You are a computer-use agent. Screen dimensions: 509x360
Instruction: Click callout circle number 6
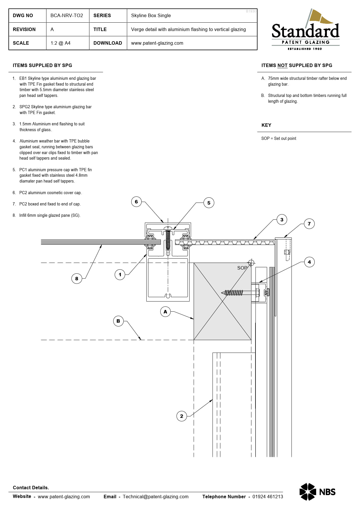(136, 202)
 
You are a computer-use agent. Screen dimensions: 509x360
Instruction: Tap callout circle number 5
(209, 203)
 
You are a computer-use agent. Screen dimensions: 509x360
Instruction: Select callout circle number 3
(282, 220)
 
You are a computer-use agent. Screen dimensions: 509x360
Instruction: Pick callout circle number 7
(309, 224)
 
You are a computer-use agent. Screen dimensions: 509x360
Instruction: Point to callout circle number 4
(309, 262)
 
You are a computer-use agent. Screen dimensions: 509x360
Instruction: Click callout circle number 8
(77, 279)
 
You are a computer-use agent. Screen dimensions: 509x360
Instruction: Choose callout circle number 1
(120, 275)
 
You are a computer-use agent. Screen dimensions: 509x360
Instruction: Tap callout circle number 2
(181, 416)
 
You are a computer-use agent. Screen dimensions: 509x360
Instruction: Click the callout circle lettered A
(165, 312)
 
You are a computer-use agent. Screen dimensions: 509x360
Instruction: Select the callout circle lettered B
(118, 321)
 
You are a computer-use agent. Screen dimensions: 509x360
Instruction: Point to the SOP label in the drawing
(242, 268)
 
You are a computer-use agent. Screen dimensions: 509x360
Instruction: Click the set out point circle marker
(251, 263)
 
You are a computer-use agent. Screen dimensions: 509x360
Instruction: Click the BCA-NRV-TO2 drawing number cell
(67, 16)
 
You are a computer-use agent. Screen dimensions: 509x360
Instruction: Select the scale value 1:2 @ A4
(60, 43)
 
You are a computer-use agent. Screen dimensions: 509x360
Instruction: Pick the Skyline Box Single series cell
(151, 16)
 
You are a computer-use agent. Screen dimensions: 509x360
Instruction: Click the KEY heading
(266, 125)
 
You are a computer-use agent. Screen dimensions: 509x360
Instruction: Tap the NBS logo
(317, 492)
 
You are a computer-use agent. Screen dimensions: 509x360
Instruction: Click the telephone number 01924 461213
(267, 497)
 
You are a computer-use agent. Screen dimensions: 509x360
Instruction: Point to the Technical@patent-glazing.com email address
(156, 497)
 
